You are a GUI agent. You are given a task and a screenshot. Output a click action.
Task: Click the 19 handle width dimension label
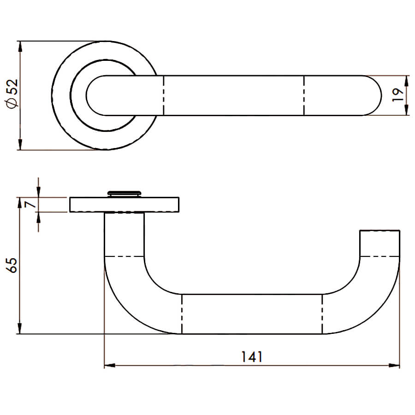pyautogui.click(x=397, y=95)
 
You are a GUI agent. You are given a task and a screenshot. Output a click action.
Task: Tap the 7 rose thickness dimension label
pyautogui.click(x=31, y=204)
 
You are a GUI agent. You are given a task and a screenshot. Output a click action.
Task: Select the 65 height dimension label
pyautogui.click(x=12, y=266)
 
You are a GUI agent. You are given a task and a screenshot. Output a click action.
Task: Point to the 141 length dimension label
pyautogui.click(x=252, y=357)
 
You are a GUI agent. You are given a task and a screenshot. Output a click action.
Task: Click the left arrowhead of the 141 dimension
pyautogui.click(x=110, y=366)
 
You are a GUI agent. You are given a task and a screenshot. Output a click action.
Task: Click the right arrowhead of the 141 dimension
pyautogui.click(x=394, y=366)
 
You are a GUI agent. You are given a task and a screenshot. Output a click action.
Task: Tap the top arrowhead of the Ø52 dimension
pyautogui.click(x=20, y=47)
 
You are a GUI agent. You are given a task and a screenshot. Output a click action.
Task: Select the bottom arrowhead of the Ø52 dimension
pyautogui.click(x=20, y=144)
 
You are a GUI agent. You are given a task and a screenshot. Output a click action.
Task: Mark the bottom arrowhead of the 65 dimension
pyautogui.click(x=19, y=328)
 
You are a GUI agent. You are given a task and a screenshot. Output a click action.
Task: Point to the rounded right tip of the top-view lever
pyautogui.click(x=381, y=95)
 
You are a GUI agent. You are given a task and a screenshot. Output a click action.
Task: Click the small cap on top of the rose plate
pyautogui.click(x=124, y=194)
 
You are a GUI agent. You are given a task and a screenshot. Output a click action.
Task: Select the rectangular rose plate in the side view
pyautogui.click(x=124, y=205)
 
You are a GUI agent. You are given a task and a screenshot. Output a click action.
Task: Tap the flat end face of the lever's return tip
pyautogui.click(x=380, y=231)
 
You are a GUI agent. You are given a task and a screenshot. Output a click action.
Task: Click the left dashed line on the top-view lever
pyautogui.click(x=164, y=95)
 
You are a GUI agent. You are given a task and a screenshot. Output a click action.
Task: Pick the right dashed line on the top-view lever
pyautogui.click(x=304, y=95)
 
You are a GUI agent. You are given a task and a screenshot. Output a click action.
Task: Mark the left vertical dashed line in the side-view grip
pyautogui.click(x=182, y=314)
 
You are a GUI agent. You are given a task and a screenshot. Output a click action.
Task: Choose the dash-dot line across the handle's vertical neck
pyautogui.click(x=125, y=256)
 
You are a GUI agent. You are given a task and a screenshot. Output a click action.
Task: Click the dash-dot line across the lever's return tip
pyautogui.click(x=380, y=256)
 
